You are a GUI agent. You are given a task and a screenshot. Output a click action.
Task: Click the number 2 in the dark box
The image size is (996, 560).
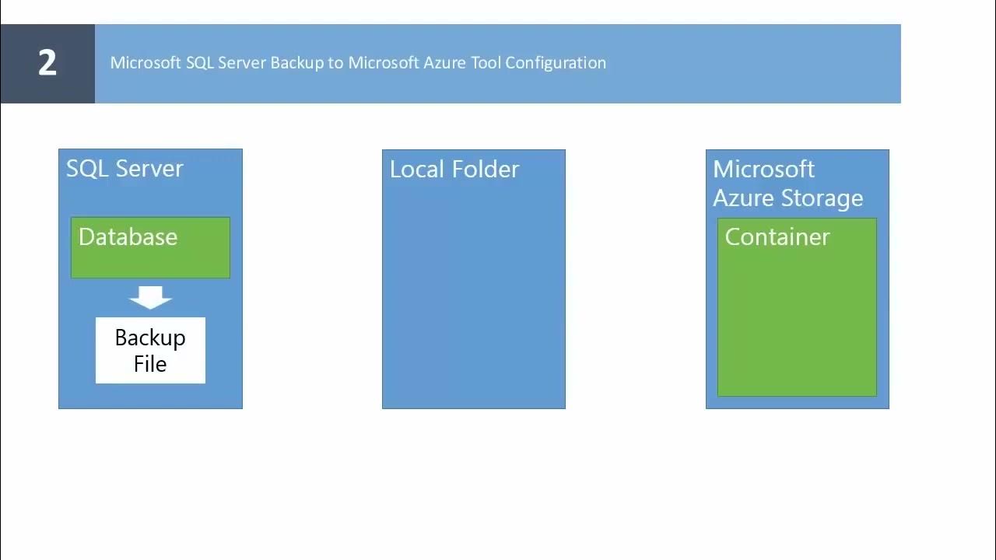point(47,63)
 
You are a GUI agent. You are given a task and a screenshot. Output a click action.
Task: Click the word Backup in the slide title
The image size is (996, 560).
point(296,63)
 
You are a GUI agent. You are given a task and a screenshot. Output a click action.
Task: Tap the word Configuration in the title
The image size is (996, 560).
point(556,63)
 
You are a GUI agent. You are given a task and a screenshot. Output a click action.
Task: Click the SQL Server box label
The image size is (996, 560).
point(124,169)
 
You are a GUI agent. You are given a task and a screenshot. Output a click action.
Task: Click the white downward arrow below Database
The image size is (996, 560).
point(150,297)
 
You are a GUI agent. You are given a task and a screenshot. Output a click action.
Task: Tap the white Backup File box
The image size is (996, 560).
point(150,351)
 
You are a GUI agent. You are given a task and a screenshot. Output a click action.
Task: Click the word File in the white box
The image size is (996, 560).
point(150,364)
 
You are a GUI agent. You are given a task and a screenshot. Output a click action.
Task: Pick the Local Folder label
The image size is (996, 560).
point(454,170)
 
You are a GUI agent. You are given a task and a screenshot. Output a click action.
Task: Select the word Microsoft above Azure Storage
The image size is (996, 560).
point(763,170)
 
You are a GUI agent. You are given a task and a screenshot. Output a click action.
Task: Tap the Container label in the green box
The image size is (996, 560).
point(777,237)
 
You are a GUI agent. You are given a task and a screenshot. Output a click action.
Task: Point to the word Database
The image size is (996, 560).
point(128,237)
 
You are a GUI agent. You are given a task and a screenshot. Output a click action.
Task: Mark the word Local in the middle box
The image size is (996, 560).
point(413,170)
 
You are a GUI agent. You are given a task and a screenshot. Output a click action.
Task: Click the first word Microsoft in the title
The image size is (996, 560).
point(146,63)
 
